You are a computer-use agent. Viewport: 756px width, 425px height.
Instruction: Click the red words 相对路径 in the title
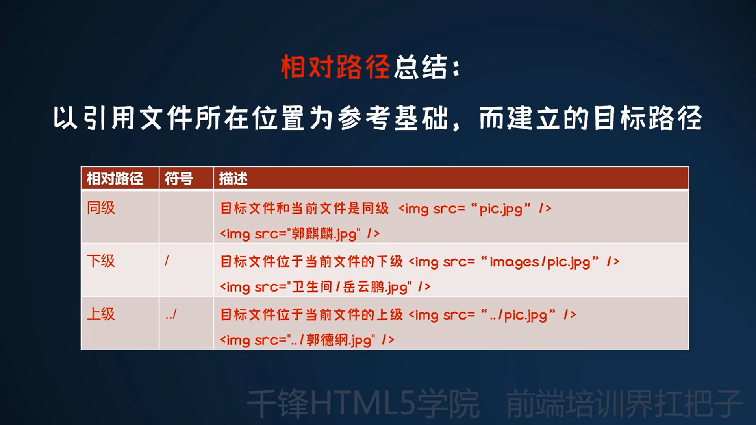pos(335,67)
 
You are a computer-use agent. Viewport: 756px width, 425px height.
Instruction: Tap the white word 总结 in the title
pos(421,67)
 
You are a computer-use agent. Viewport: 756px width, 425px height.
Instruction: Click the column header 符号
pos(179,179)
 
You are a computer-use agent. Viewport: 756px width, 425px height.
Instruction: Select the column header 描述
pos(233,179)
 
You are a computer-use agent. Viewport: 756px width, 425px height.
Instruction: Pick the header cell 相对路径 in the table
pos(115,179)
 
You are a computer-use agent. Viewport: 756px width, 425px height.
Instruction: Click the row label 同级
pos(101,208)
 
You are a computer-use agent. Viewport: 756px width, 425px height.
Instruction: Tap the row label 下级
pos(101,261)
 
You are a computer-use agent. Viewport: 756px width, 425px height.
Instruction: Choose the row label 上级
pos(101,314)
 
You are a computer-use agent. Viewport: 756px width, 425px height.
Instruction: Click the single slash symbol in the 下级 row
pos(167,261)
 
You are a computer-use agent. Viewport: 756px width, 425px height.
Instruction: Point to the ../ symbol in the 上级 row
pos(171,314)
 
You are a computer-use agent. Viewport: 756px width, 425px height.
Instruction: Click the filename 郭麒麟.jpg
pos(324,234)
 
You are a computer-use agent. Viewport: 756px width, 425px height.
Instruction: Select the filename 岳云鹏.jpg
pos(375,287)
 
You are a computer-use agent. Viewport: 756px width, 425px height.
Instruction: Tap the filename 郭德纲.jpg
pos(339,340)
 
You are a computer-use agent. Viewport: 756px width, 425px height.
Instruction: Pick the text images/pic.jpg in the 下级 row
pos(540,262)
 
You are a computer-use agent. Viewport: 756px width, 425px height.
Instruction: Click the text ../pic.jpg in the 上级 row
pos(519,315)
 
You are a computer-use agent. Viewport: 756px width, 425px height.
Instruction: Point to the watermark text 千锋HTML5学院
pos(363,404)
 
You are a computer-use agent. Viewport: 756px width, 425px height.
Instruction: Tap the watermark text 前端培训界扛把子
pos(624,404)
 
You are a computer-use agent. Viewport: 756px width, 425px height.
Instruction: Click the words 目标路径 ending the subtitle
pos(648,118)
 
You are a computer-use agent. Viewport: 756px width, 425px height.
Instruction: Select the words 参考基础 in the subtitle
pos(393,118)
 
